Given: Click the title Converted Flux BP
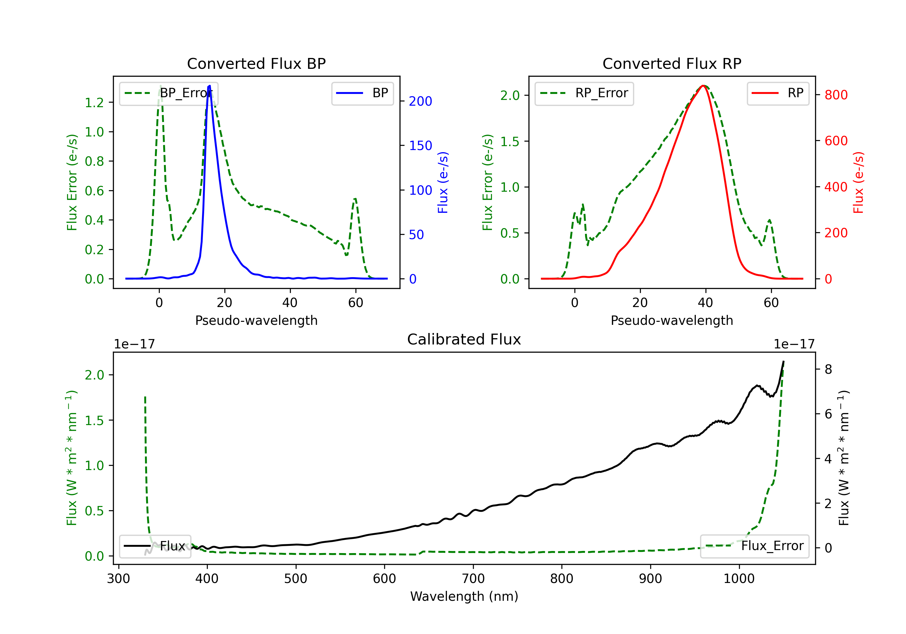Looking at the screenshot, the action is click(x=256, y=63).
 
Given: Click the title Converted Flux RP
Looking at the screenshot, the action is click(x=672, y=63).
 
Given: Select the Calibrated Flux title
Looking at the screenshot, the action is click(x=464, y=339).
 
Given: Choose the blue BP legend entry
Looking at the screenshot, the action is click(x=362, y=93).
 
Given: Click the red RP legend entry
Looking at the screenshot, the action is click(x=777, y=93).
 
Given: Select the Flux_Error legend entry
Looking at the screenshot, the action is click(x=754, y=546).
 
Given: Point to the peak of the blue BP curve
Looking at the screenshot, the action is click(x=210, y=86).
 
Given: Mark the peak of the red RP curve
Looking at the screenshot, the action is click(x=703, y=86).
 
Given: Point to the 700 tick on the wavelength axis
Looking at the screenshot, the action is click(x=473, y=579).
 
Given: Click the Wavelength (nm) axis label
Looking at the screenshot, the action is click(x=464, y=596).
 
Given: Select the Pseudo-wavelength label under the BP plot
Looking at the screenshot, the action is click(x=256, y=320).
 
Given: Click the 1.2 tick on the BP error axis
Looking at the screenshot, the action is click(x=94, y=103).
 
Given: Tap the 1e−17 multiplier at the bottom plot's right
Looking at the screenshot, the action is click(x=794, y=344).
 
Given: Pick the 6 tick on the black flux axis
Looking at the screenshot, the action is click(x=828, y=414).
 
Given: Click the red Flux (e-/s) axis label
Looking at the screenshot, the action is click(x=859, y=182).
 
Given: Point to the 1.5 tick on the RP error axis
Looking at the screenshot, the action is click(x=510, y=141).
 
